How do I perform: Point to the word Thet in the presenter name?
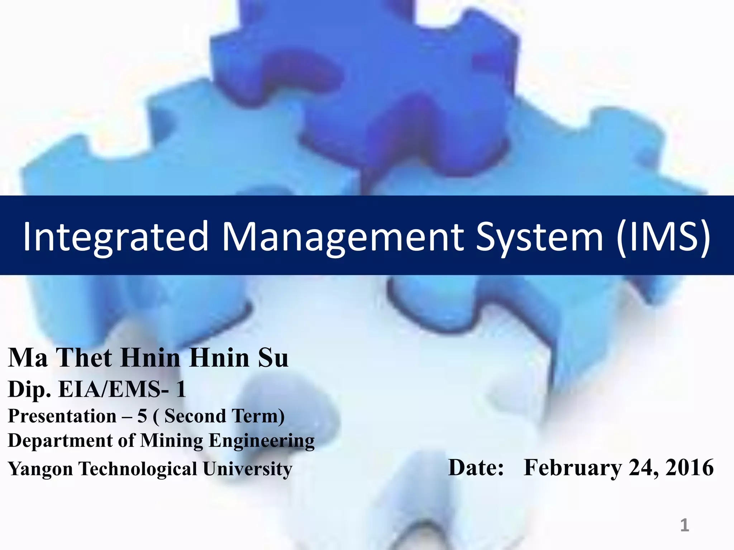click(84, 358)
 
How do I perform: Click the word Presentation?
click(62, 416)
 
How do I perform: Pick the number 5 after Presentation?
click(142, 416)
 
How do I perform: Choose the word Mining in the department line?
click(171, 441)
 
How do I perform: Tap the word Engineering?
click(262, 441)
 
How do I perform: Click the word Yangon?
click(40, 469)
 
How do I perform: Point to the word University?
click(248, 469)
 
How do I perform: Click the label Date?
click(476, 468)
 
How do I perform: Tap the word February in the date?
click(573, 468)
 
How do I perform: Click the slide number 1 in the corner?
click(685, 525)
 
